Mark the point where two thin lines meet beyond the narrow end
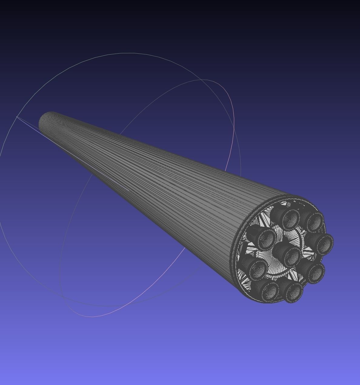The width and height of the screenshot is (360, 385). coord(17,117)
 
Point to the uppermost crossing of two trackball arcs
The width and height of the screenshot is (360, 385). coord(201,80)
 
